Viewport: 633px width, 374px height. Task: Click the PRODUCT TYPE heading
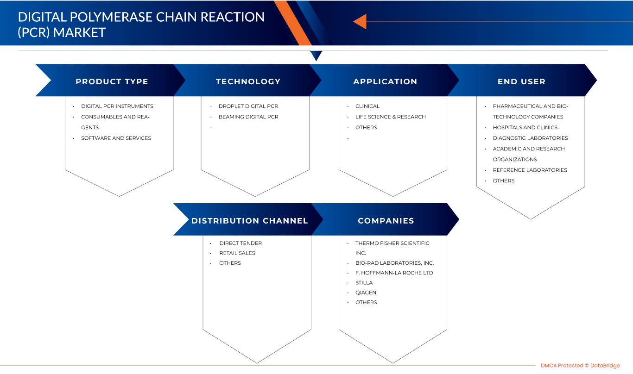click(112, 81)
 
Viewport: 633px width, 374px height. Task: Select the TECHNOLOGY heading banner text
click(248, 81)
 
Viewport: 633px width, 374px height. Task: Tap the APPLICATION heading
click(385, 81)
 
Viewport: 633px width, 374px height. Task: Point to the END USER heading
click(521, 81)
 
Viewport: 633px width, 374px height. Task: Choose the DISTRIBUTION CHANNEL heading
click(250, 221)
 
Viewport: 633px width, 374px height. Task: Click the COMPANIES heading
click(386, 221)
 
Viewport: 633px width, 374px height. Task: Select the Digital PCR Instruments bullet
click(117, 106)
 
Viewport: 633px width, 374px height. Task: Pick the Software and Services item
click(116, 138)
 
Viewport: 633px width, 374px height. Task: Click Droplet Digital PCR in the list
click(248, 106)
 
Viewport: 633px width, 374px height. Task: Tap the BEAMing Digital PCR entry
click(248, 117)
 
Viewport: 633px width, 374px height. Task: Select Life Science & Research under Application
click(390, 117)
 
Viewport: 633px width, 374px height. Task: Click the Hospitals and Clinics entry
click(525, 127)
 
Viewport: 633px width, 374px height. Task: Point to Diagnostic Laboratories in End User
click(530, 138)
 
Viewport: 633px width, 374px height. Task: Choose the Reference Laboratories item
click(530, 170)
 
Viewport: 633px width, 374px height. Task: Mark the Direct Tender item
click(241, 243)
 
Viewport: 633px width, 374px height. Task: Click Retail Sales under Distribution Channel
click(237, 253)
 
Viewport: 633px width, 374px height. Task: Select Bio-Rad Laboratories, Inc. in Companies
click(394, 263)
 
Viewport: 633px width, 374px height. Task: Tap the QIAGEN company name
click(366, 293)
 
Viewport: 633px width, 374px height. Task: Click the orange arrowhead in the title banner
click(360, 21)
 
